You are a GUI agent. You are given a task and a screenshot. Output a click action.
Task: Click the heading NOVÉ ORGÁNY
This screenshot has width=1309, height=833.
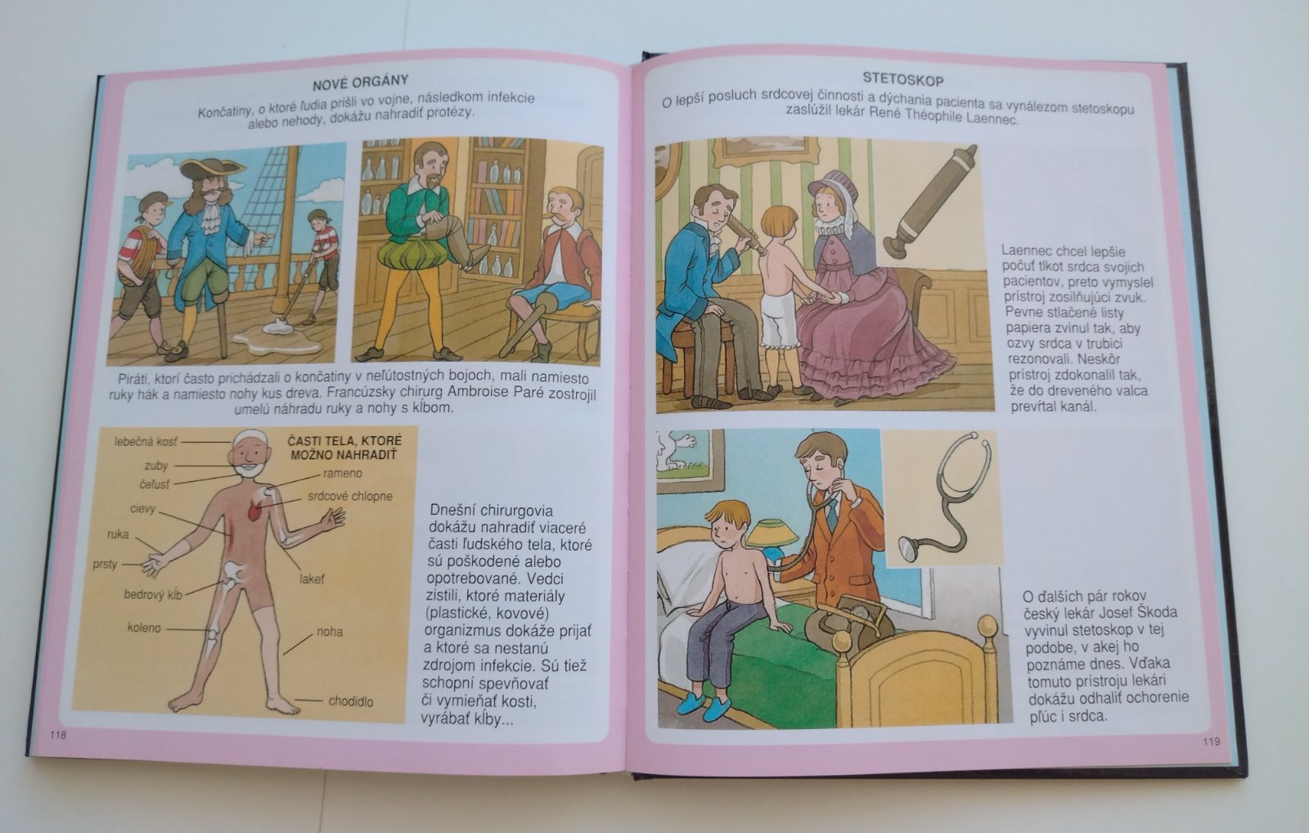tap(360, 83)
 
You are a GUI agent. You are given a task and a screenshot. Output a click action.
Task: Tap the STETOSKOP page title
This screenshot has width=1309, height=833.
tap(903, 79)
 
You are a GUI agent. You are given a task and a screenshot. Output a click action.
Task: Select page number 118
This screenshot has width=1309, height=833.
tap(58, 735)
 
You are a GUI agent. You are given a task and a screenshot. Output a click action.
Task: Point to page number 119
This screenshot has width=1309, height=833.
tap(1212, 741)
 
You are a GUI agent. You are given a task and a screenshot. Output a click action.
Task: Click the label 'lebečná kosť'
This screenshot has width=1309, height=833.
tap(146, 442)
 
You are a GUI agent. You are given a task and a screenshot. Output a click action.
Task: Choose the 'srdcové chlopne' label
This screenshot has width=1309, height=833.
tap(350, 497)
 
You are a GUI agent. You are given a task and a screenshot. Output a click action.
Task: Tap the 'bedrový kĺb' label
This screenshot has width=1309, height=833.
tap(153, 595)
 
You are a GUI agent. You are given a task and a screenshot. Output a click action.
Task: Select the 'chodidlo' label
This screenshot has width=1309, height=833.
tap(351, 701)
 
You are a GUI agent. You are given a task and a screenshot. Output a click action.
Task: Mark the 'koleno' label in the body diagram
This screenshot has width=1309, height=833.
tap(144, 628)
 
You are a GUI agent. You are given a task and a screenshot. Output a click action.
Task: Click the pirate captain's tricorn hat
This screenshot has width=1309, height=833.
tap(212, 169)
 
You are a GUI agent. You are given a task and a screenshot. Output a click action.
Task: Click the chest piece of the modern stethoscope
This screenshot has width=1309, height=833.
tap(907, 550)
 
